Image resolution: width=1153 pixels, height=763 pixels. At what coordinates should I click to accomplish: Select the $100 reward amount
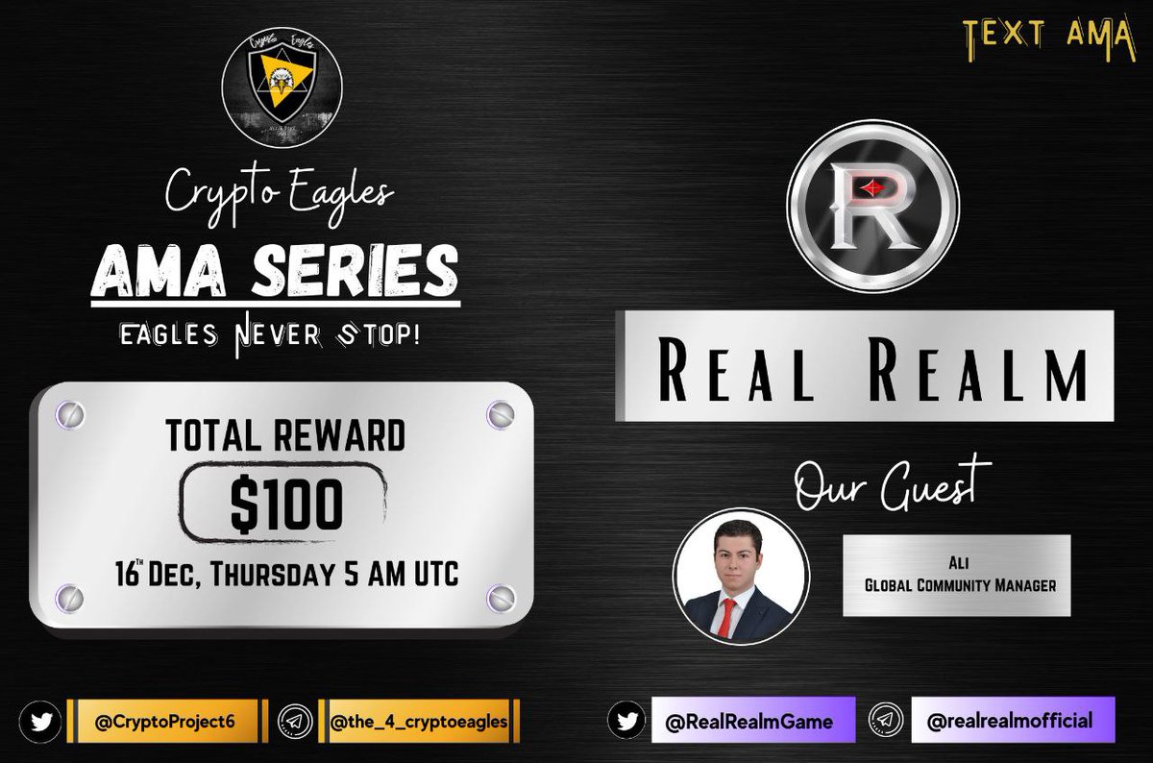click(285, 505)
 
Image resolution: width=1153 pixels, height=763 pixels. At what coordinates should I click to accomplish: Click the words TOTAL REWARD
click(285, 436)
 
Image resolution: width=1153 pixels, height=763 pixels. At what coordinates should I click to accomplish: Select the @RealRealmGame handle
click(752, 721)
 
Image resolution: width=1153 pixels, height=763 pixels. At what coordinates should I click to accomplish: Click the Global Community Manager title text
click(955, 582)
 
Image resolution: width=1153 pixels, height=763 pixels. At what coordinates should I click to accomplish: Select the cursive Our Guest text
click(893, 484)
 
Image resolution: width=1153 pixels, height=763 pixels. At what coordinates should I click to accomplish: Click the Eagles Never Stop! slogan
click(274, 338)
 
